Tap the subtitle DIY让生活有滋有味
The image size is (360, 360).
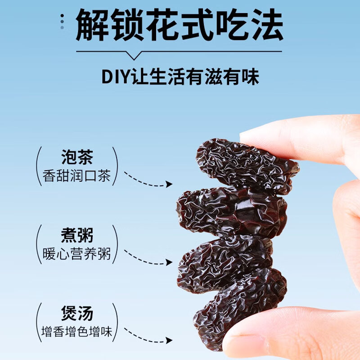[180, 76]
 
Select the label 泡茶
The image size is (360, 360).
[77, 158]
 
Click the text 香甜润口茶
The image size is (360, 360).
[77, 175]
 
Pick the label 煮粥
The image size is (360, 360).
[77, 236]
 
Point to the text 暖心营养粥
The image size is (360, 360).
[77, 254]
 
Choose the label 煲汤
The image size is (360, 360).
[77, 314]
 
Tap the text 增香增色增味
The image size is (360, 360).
[77, 333]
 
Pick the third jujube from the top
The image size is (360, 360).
[225, 259]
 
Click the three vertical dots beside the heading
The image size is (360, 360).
[62, 21]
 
